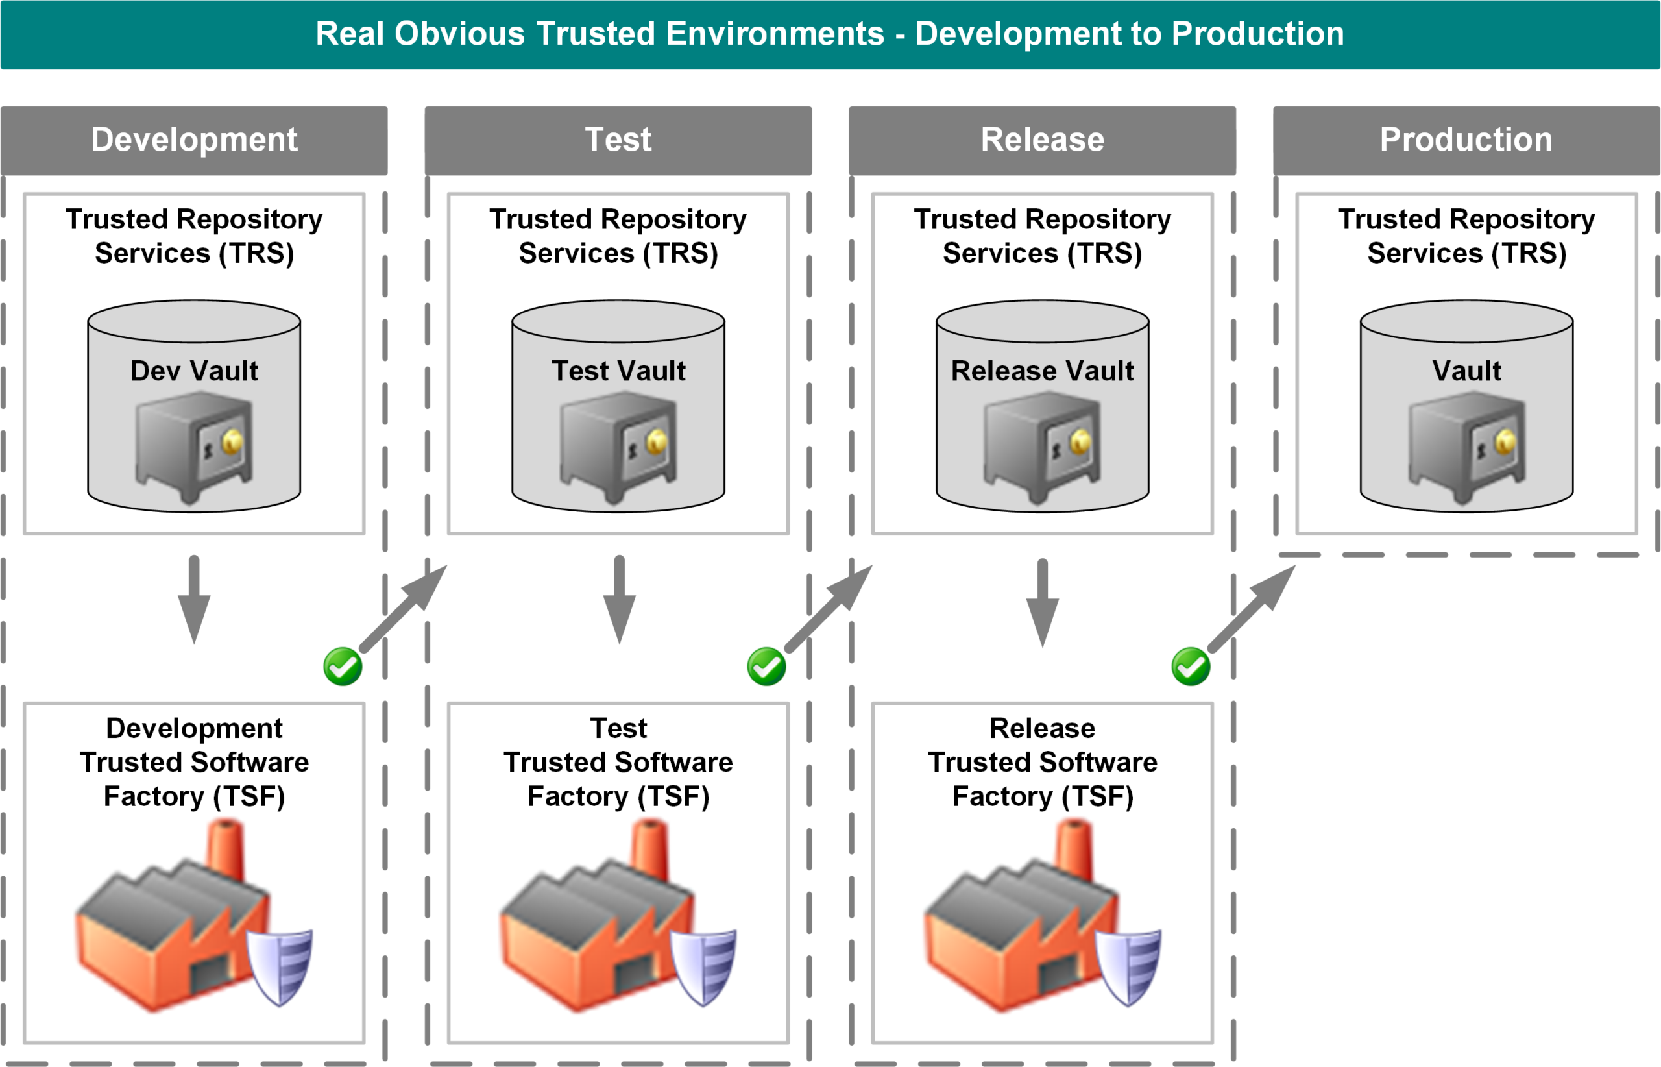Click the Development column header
click(194, 140)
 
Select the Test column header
click(618, 140)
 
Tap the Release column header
click(1042, 140)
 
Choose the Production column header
click(1466, 140)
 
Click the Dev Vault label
click(194, 371)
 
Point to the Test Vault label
click(618, 371)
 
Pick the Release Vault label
click(1042, 371)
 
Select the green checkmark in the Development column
click(343, 667)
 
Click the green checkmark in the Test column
click(766, 667)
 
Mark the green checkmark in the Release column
click(1191, 667)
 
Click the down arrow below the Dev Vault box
click(194, 599)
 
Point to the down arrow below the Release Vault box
click(1042, 602)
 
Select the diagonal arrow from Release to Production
click(1251, 608)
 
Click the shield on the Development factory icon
click(280, 966)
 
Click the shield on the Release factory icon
click(1128, 966)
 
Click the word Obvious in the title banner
click(459, 34)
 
